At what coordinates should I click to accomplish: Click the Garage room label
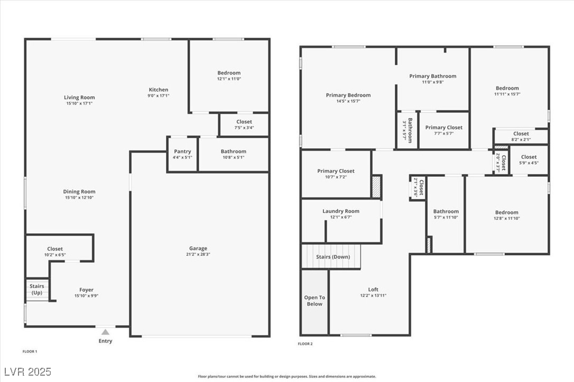click(198, 249)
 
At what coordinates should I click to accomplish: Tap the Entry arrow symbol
click(105, 332)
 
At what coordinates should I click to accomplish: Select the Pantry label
click(182, 151)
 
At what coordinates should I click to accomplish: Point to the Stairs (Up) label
click(37, 290)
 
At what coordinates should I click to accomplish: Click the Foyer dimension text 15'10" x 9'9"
click(86, 295)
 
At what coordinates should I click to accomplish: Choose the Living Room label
click(79, 98)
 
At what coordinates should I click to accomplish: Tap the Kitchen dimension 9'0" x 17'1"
click(158, 96)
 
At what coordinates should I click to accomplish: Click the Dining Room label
click(79, 192)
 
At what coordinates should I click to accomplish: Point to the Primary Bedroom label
click(348, 96)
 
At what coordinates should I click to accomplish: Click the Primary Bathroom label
click(432, 77)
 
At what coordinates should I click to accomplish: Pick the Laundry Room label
click(341, 212)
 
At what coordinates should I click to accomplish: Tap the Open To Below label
click(314, 301)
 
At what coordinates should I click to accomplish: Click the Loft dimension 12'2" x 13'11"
click(373, 295)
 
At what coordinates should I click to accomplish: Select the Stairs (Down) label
click(333, 257)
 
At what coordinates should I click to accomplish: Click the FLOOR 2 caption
click(305, 344)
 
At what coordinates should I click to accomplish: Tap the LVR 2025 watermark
click(26, 371)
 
